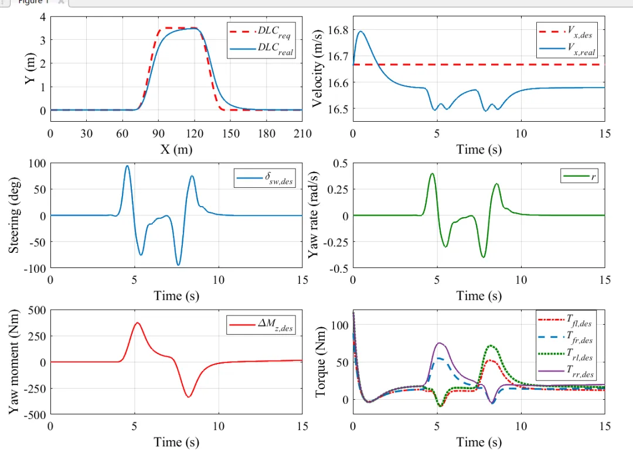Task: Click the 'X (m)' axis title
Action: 176,149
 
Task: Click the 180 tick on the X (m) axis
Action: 267,133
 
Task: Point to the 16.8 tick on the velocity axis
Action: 337,30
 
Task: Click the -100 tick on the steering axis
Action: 35,269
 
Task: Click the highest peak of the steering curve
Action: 127,166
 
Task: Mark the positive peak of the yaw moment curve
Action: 137,322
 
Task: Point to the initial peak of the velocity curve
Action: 361,32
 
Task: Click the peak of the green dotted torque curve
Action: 492,346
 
